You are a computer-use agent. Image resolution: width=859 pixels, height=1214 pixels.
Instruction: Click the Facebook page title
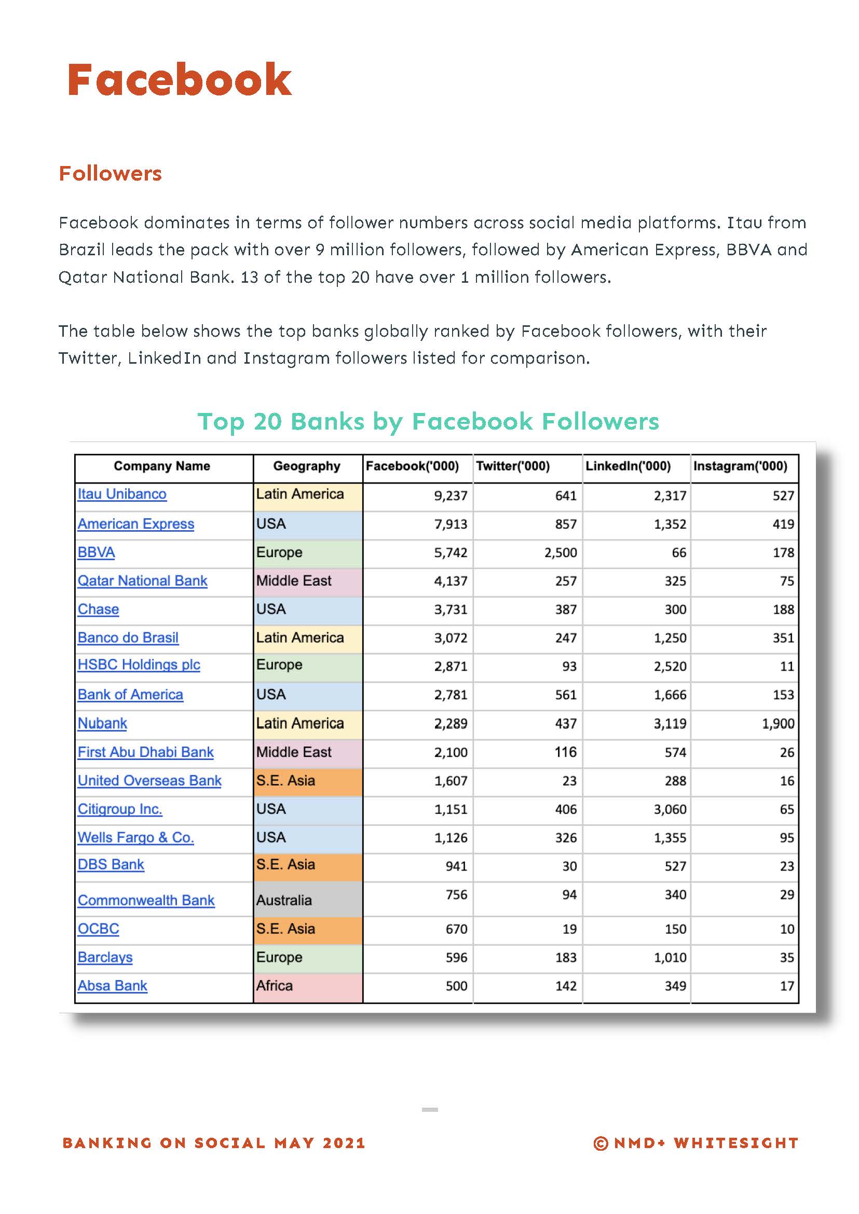coord(179,80)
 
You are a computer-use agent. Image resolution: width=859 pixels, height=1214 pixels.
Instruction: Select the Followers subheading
coord(110,173)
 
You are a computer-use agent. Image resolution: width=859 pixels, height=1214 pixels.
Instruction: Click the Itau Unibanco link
coord(122,494)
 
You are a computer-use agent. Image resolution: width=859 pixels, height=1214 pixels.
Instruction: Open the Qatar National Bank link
coord(142,581)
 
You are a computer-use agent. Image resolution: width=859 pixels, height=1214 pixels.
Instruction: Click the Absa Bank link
coord(112,986)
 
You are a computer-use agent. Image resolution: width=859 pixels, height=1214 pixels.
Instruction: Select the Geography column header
coord(307,466)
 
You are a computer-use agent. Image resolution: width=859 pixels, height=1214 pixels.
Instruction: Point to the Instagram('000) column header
coord(740,466)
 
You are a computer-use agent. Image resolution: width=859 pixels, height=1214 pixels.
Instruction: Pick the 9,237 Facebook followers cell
coord(451,496)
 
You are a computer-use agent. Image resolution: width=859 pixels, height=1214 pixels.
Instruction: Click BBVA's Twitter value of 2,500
coord(561,553)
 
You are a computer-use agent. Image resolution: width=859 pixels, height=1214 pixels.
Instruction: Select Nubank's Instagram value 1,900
coord(778,723)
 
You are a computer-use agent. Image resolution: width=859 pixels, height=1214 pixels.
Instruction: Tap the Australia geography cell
coord(284,900)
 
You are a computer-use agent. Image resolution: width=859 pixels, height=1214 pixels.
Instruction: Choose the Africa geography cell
coord(275,986)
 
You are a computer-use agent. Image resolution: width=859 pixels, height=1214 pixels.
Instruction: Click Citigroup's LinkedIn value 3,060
coord(670,809)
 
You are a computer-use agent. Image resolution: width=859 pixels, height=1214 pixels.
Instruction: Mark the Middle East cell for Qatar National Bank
coord(294,581)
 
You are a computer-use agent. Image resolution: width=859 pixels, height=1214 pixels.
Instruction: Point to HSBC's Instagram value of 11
coord(787,666)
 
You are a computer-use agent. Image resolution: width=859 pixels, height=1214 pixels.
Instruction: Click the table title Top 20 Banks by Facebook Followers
coord(428,421)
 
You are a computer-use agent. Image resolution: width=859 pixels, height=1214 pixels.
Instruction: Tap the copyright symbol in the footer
coord(601,1143)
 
